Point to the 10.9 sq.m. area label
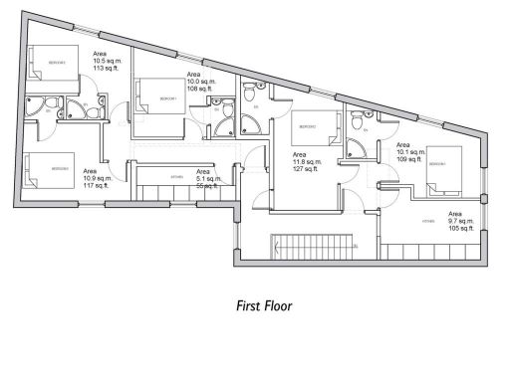tap(97, 177)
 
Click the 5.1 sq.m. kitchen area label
tap(207, 178)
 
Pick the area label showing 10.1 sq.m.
tap(410, 151)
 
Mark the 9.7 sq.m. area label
tap(462, 221)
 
